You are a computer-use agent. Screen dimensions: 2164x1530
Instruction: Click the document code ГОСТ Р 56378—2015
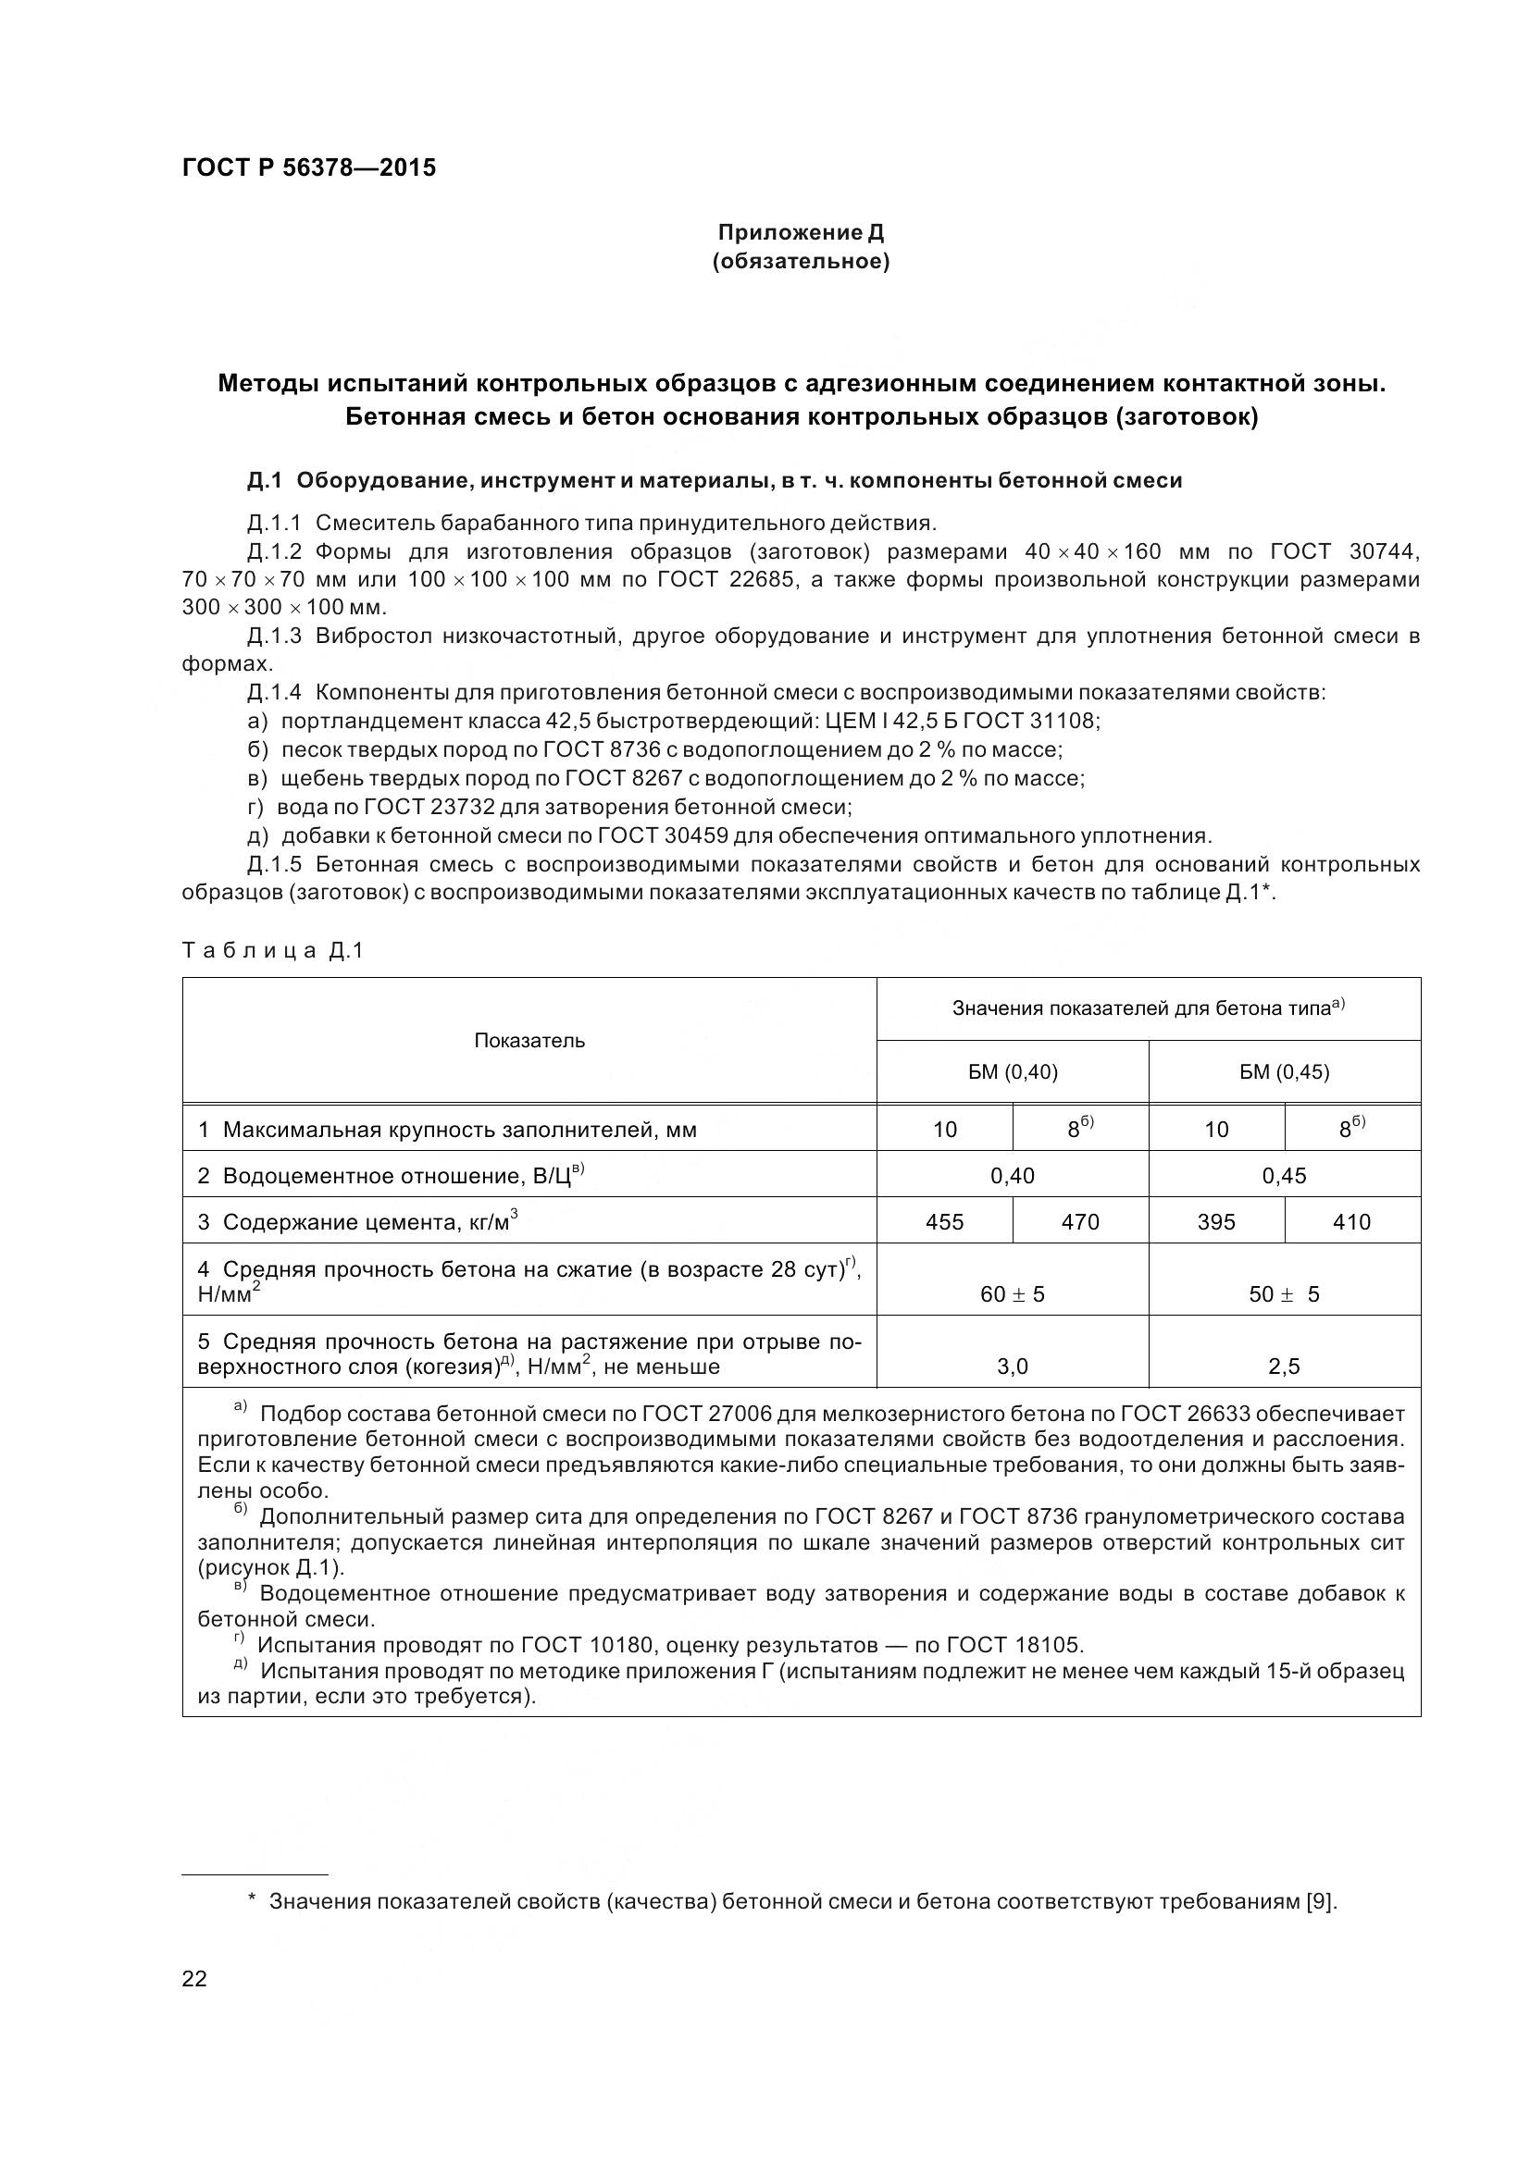coord(308,168)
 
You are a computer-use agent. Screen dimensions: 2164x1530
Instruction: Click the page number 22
coord(194,1978)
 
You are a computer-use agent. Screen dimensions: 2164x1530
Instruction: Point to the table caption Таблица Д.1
coord(272,951)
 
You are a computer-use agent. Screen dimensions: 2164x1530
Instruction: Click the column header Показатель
coord(529,1041)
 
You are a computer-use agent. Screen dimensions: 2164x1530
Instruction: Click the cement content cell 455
coord(945,1221)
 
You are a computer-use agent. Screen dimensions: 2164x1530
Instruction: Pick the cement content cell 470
coord(1080,1221)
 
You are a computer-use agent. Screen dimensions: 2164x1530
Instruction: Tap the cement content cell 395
coord(1216,1221)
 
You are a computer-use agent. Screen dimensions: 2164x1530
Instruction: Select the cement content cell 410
coord(1352,1221)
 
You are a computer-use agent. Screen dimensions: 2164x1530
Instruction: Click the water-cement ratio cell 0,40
coord(1013,1175)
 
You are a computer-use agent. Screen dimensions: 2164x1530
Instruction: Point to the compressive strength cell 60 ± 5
coord(1013,1294)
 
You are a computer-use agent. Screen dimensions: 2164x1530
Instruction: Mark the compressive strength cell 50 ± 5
coord(1284,1294)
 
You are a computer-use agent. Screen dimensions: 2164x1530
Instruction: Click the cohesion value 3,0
coord(1013,1366)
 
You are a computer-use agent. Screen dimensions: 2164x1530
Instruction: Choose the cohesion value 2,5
coord(1284,1366)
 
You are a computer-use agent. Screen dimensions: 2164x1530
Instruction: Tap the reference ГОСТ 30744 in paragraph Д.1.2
coord(1344,551)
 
